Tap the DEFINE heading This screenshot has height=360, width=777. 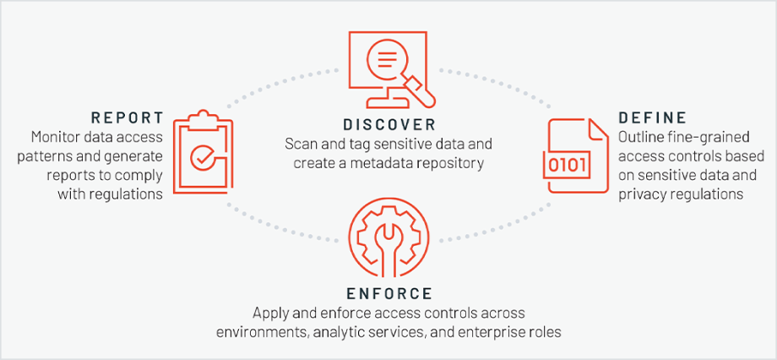(x=651, y=117)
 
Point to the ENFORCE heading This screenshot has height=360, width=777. (x=388, y=293)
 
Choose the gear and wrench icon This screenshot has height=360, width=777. (x=388, y=243)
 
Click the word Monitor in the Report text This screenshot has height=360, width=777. (x=53, y=136)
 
